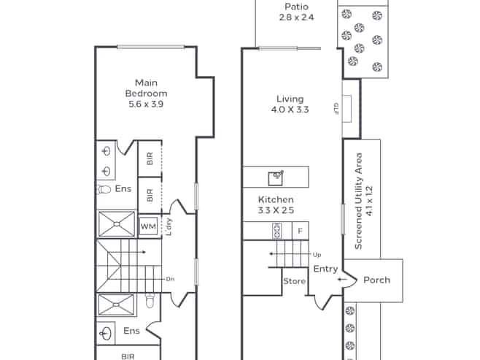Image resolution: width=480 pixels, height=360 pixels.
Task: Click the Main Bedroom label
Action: pyautogui.click(x=147, y=88)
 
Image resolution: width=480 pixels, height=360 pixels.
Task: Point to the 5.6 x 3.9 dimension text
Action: pyautogui.click(x=146, y=104)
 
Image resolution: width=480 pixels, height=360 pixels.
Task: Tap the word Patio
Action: pyautogui.click(x=296, y=7)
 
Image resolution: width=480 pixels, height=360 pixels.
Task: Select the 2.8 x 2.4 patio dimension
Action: pyautogui.click(x=296, y=17)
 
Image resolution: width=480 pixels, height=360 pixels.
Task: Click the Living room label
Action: pyautogui.click(x=290, y=99)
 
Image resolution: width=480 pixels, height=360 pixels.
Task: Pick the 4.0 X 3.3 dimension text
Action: pyautogui.click(x=290, y=110)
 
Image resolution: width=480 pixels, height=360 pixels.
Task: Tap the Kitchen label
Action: pyautogui.click(x=276, y=200)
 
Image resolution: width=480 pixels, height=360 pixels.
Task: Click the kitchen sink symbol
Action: pyautogui.click(x=276, y=178)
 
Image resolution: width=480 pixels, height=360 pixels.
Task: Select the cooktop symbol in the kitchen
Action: pyautogui.click(x=277, y=231)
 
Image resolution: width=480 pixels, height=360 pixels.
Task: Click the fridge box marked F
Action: pyautogui.click(x=301, y=231)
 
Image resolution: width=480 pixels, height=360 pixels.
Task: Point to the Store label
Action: pyautogui.click(x=294, y=281)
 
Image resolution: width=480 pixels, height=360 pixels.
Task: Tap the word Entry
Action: pyautogui.click(x=325, y=269)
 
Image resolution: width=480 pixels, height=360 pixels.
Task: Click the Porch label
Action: pyautogui.click(x=377, y=280)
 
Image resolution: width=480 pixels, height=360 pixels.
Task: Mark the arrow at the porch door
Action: pyautogui.click(x=343, y=280)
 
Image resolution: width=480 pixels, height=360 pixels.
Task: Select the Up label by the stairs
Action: pyautogui.click(x=317, y=255)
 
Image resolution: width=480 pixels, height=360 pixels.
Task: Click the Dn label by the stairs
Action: pyautogui.click(x=170, y=279)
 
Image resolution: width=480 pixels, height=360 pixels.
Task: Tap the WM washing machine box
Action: pyautogui.click(x=149, y=226)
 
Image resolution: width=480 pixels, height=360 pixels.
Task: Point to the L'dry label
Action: pyautogui.click(x=169, y=226)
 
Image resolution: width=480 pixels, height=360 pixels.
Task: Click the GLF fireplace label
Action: pyautogui.click(x=336, y=109)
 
